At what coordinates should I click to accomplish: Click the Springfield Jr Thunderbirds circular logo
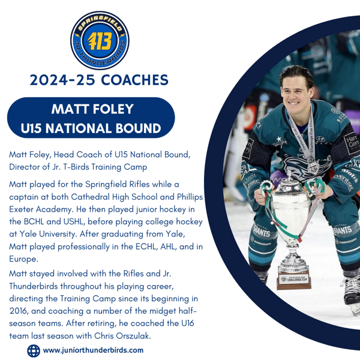point(99,41)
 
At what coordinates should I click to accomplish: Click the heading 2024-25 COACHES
point(99,79)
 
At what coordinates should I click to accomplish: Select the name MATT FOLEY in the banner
point(92,109)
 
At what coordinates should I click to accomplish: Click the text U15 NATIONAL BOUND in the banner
point(91,128)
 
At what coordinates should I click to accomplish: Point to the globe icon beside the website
point(34,350)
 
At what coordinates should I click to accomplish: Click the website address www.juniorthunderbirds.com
point(93,350)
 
